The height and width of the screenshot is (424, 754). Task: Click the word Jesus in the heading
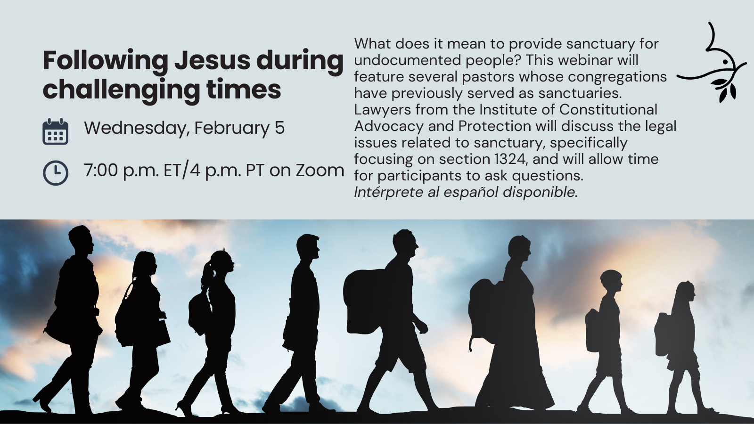(213, 61)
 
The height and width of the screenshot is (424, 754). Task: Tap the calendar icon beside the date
(56, 131)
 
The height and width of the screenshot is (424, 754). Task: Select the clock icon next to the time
(56, 173)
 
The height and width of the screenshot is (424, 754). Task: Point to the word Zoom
(320, 170)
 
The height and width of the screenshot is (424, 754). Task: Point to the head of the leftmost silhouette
(81, 240)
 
